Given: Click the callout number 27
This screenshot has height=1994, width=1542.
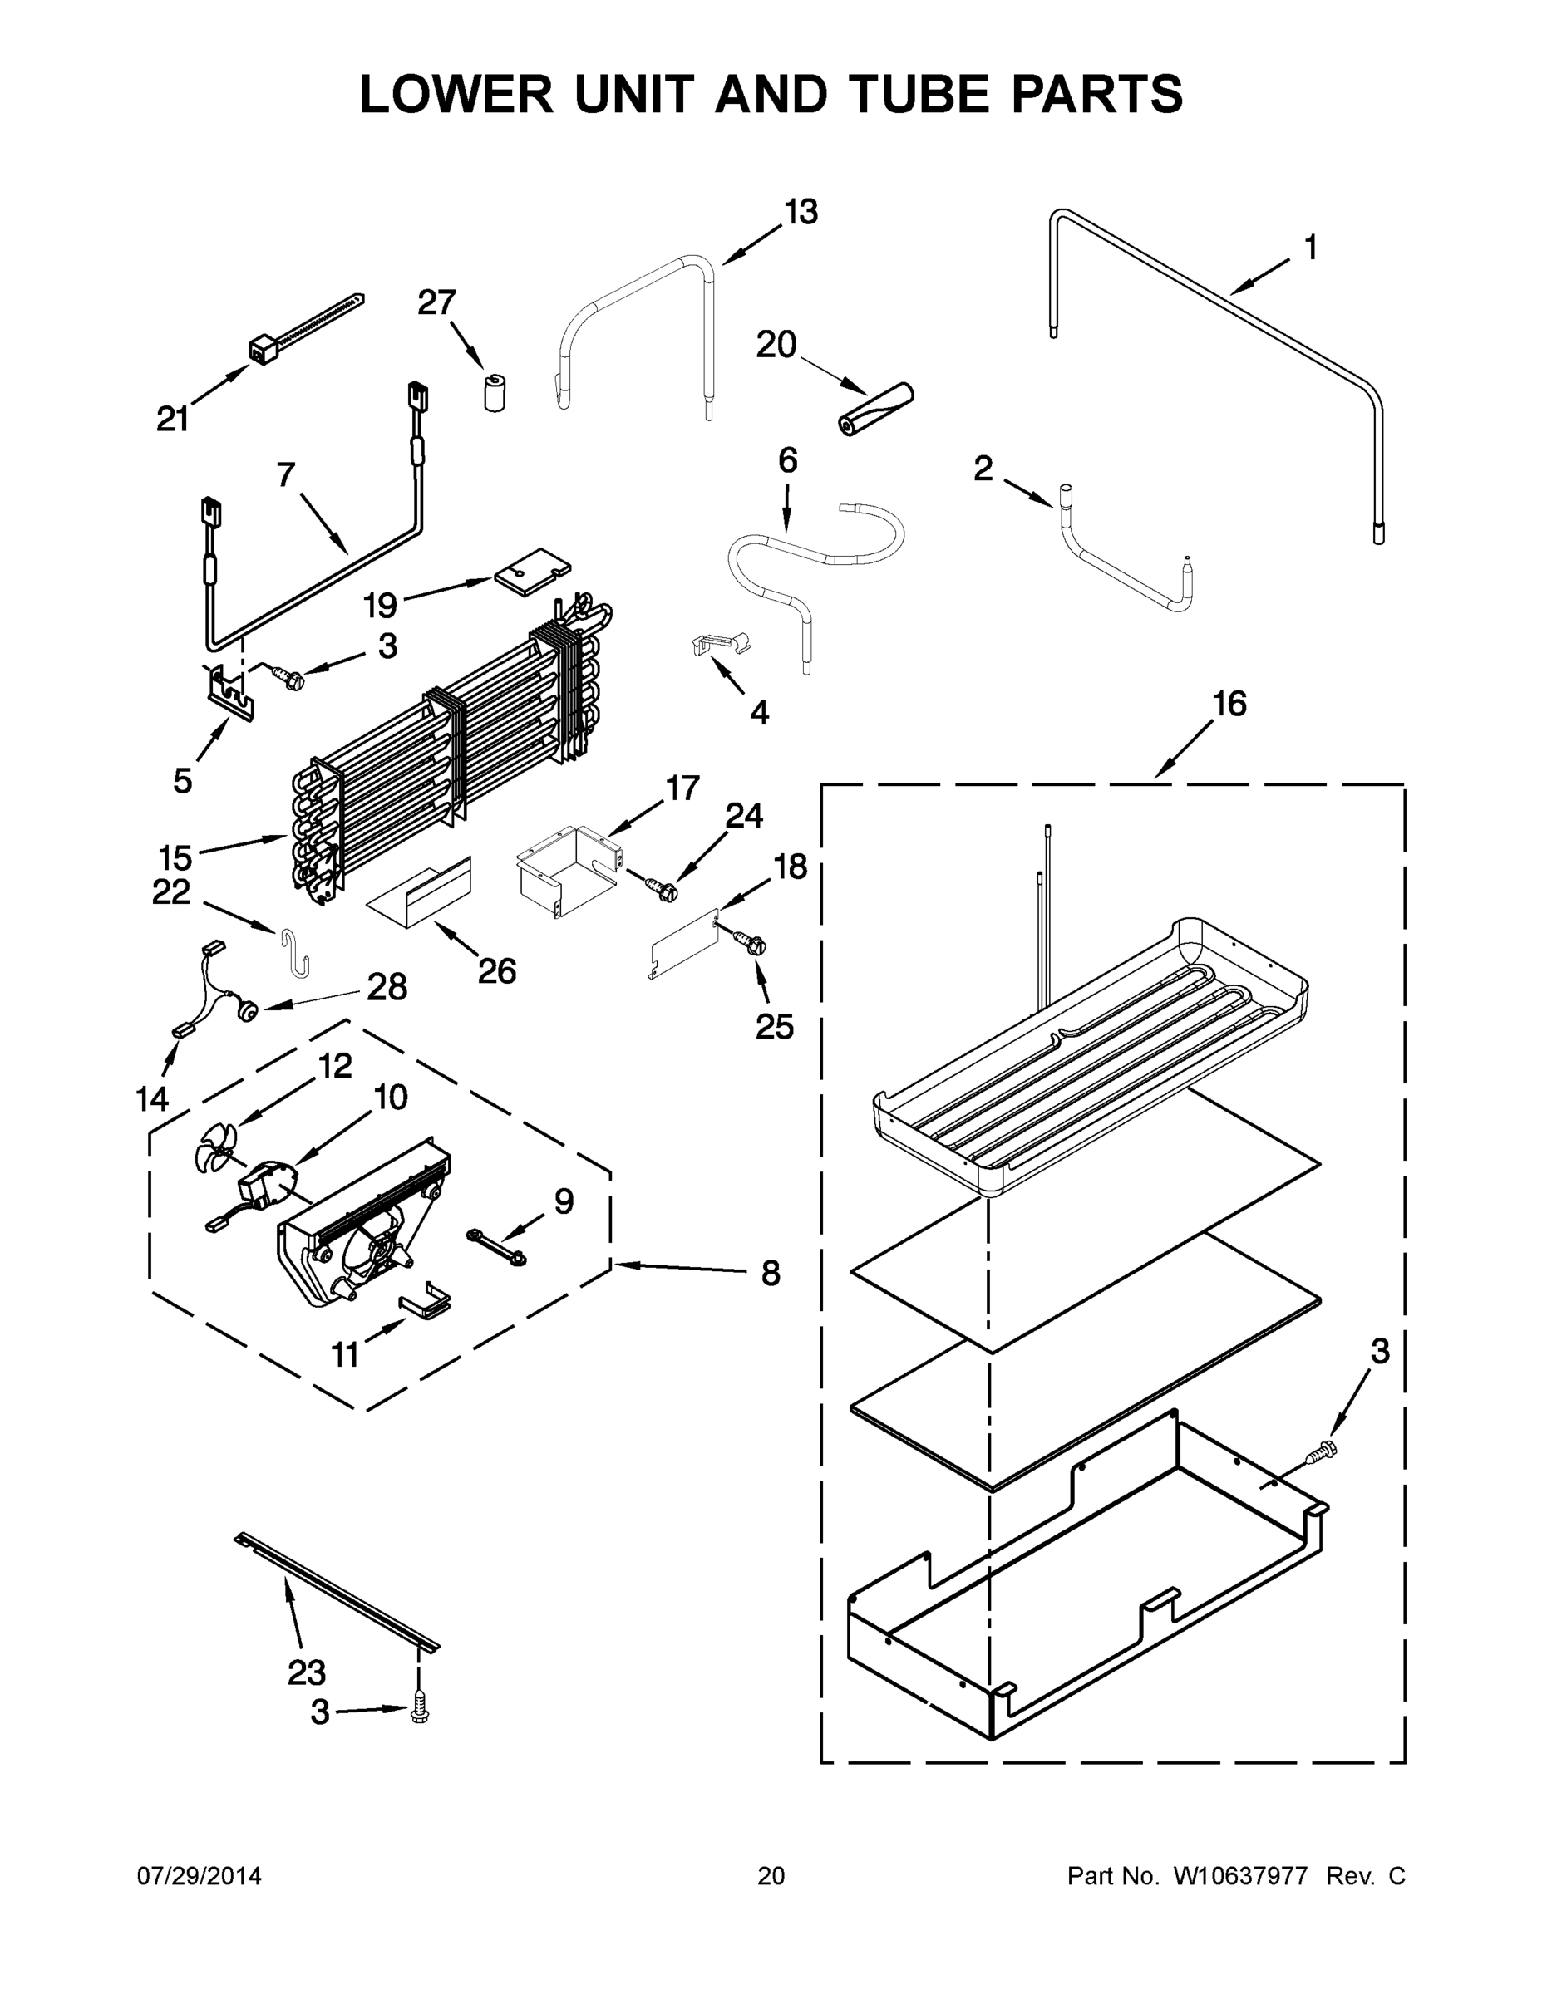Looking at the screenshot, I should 436,302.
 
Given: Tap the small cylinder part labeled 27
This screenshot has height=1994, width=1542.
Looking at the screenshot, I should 495,393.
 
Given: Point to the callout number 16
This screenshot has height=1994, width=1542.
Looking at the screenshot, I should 1229,704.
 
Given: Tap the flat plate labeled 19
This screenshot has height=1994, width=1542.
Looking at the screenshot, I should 530,572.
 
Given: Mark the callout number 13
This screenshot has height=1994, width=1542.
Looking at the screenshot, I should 801,213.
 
